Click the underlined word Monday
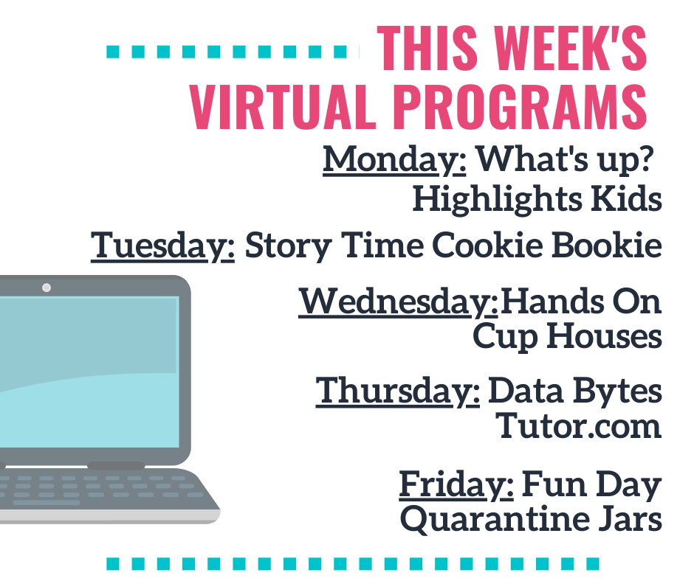(x=394, y=160)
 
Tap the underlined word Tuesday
(x=162, y=246)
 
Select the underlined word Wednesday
(x=399, y=302)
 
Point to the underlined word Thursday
(x=397, y=392)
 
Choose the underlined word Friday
(x=456, y=485)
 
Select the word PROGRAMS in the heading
(x=520, y=107)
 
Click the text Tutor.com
(x=578, y=426)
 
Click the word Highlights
(x=497, y=199)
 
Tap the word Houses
(x=605, y=336)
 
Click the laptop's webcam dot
(x=46, y=288)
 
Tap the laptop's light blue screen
(x=89, y=372)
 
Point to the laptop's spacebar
(x=46, y=503)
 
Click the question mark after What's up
(x=647, y=159)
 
